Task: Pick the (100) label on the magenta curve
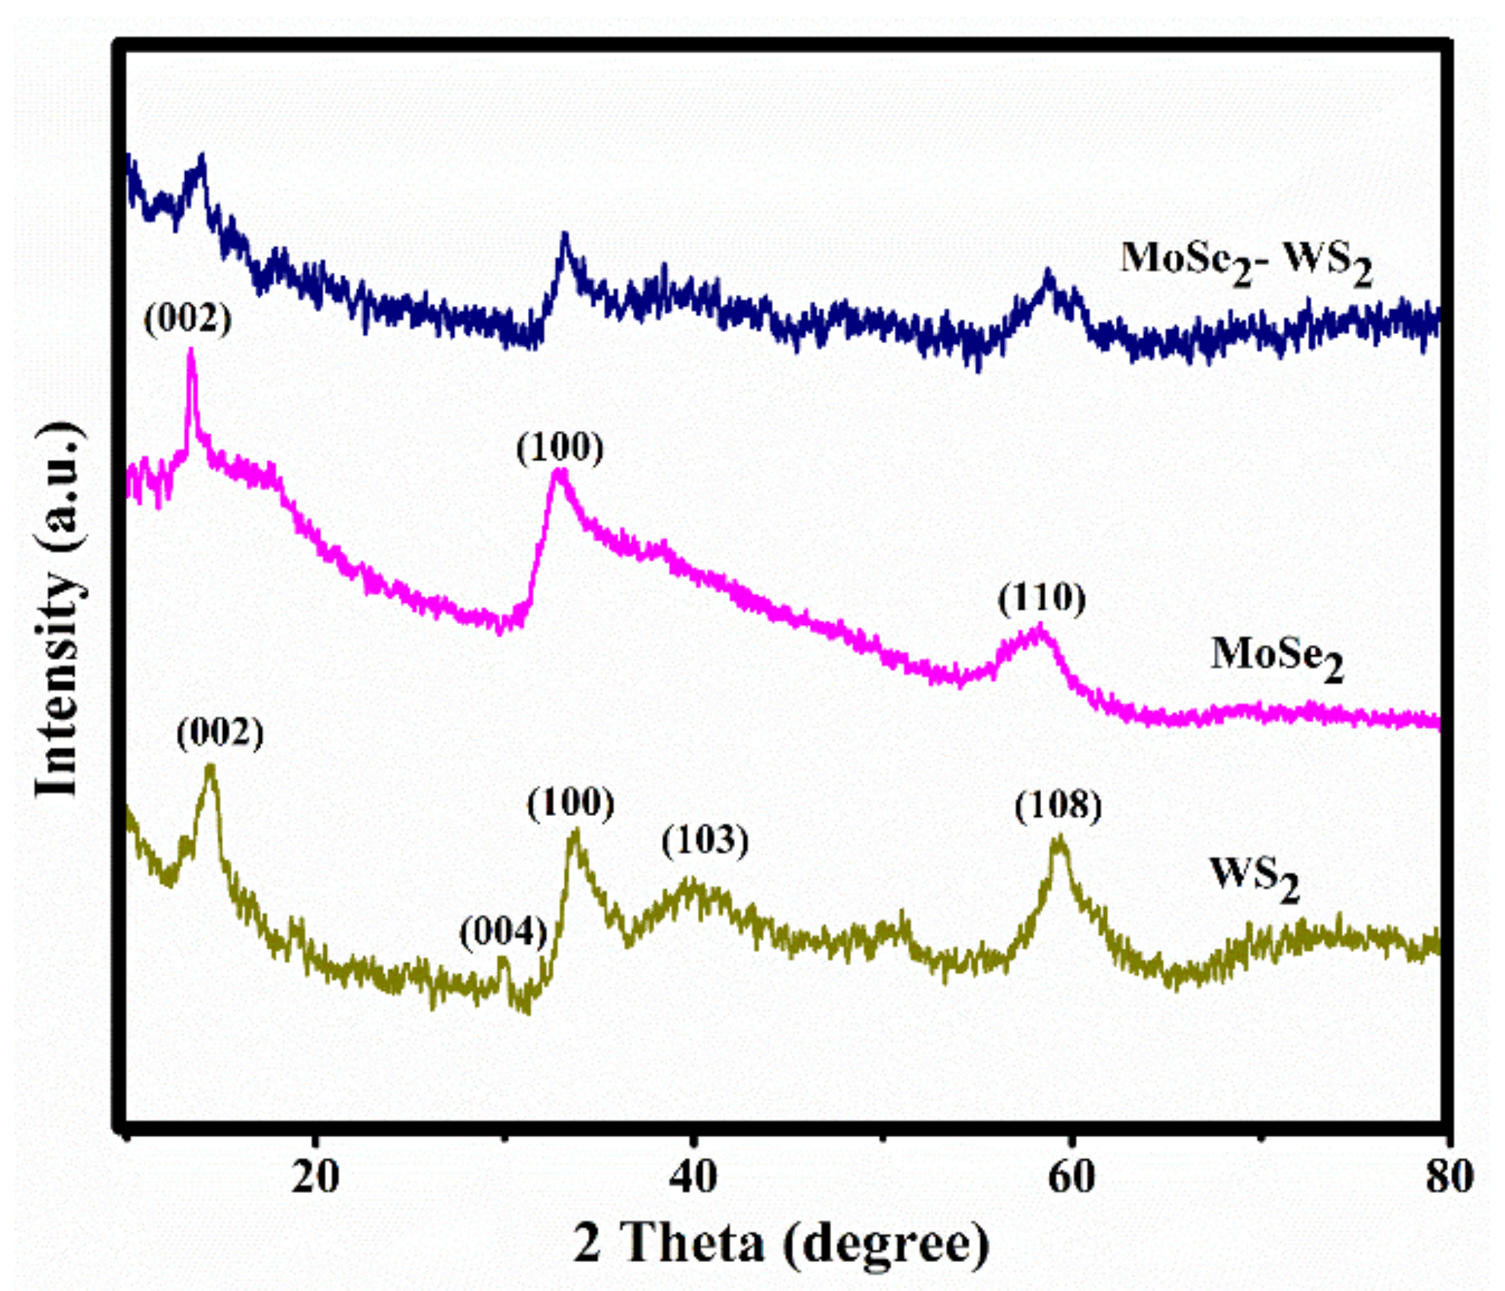560,448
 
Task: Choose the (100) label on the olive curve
570,804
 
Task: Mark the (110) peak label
1042,599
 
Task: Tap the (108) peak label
1058,806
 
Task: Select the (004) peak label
503,932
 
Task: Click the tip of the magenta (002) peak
190,352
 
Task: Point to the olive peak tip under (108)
1059,839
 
